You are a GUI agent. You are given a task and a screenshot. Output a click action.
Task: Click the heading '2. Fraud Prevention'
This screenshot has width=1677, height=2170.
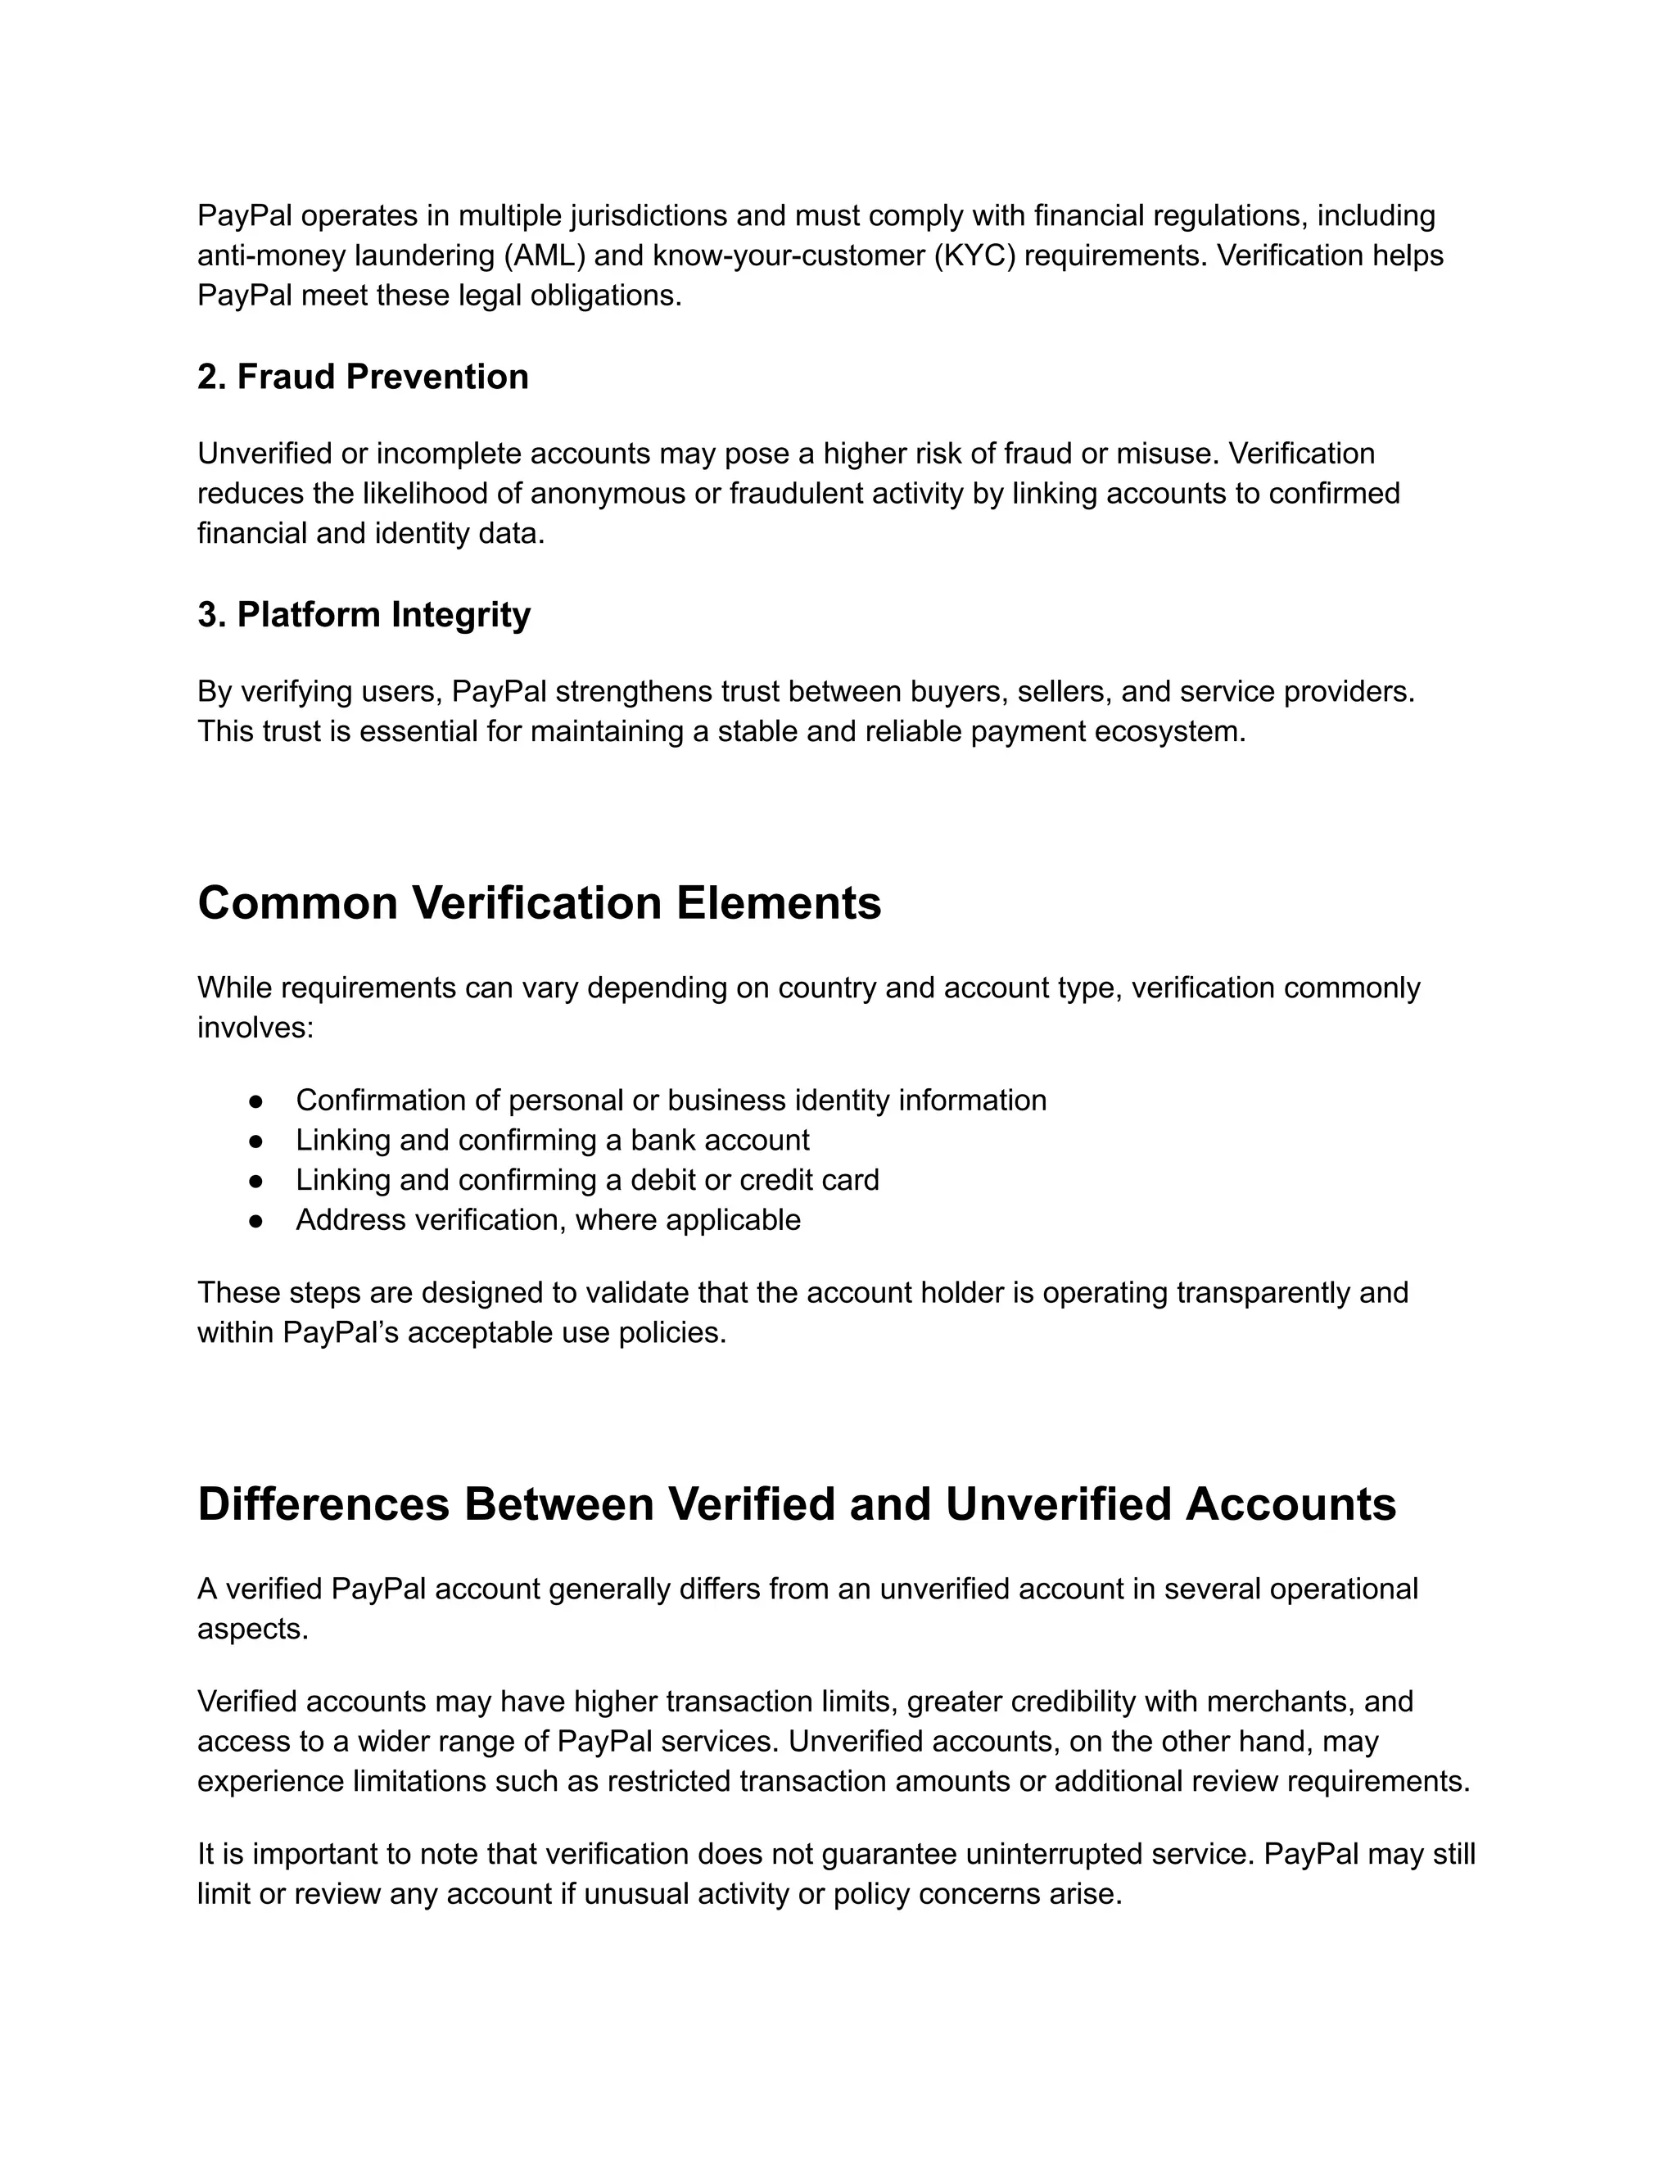(363, 377)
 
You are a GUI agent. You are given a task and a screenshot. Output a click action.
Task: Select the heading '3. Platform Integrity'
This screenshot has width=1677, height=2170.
(364, 614)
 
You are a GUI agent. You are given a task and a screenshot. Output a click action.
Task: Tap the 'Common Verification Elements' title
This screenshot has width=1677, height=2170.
(539, 903)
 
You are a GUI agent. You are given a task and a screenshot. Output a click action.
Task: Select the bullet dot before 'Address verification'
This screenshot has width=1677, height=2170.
(255, 1221)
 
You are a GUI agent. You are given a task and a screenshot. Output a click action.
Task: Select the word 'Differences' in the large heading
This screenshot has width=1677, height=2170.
(323, 1504)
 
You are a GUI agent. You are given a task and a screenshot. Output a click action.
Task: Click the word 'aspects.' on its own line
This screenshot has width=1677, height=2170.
(252, 1630)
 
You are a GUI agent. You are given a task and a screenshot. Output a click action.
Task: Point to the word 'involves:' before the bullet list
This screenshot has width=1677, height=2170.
(255, 1028)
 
